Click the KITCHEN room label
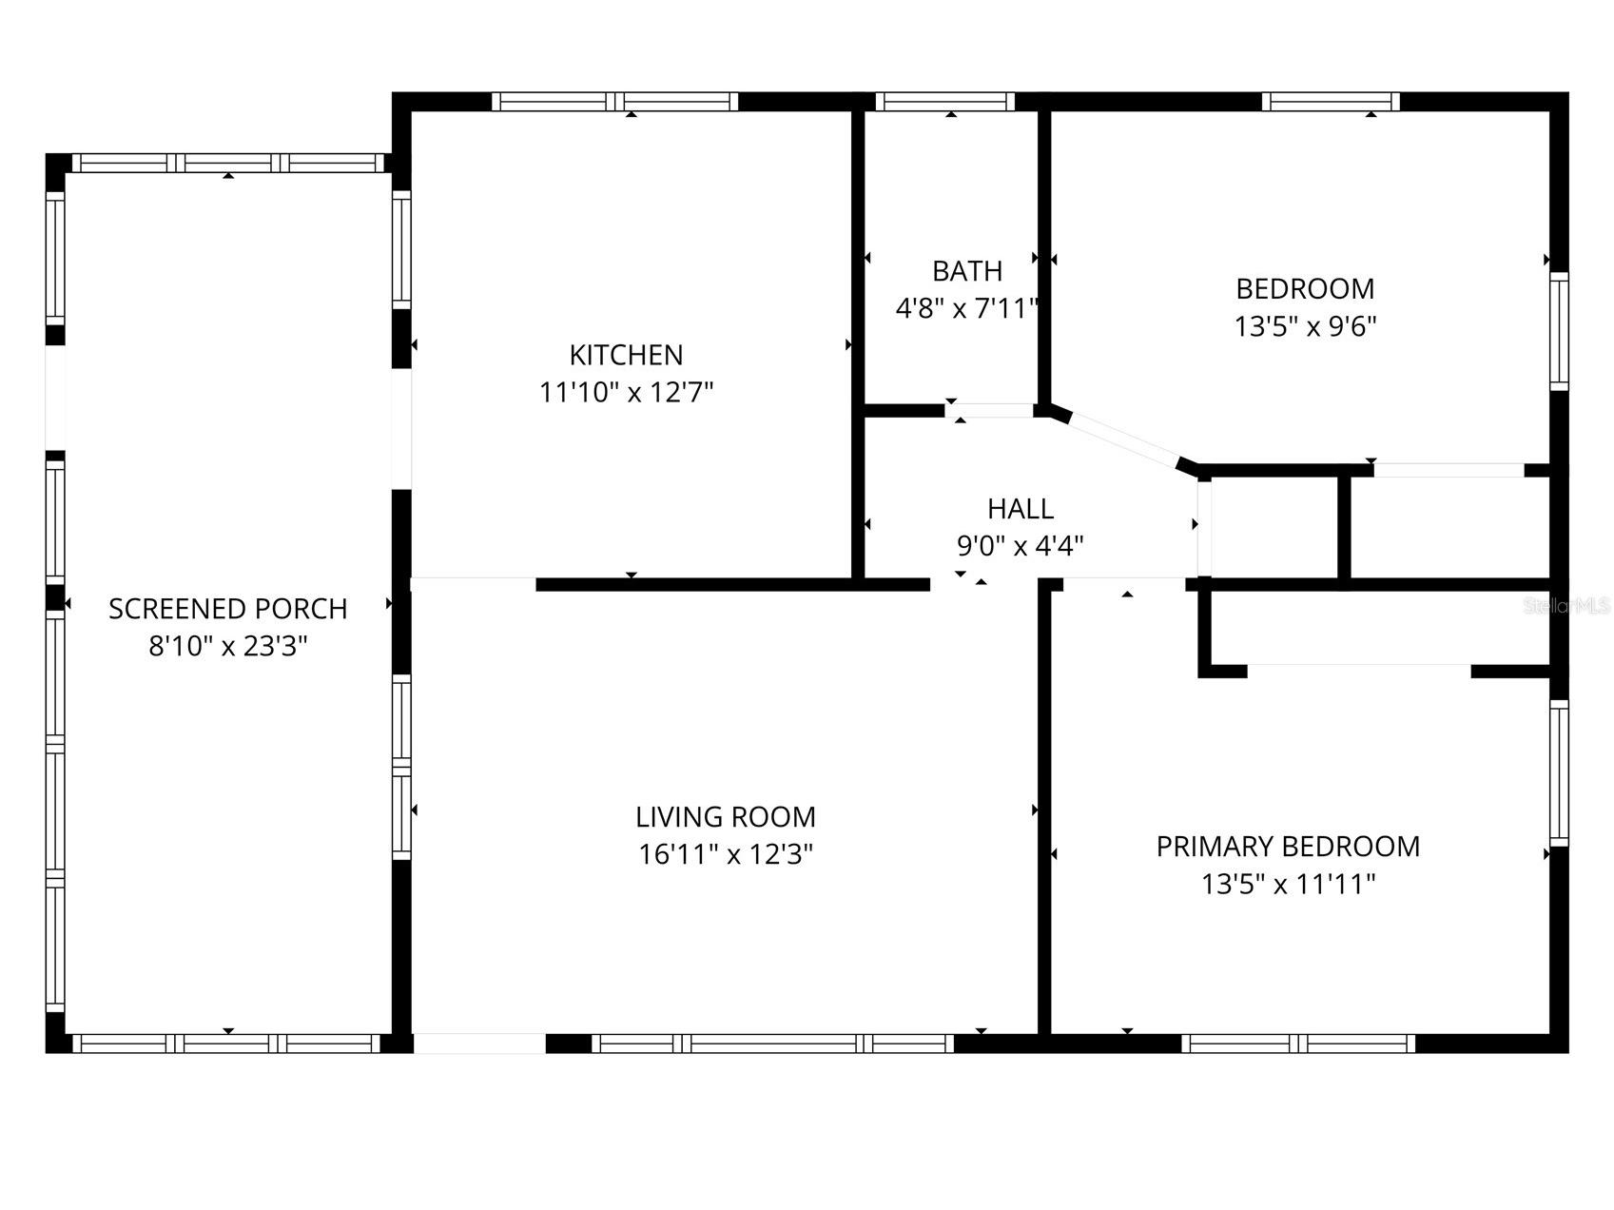coord(626,355)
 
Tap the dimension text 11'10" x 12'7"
coord(626,392)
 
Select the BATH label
coord(966,271)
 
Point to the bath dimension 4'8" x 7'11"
coord(966,308)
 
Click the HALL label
coord(1020,509)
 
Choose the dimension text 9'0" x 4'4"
coord(1020,546)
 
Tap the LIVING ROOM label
coord(725,817)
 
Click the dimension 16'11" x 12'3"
coord(725,854)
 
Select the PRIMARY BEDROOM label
coord(1288,847)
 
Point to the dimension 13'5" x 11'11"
coord(1288,885)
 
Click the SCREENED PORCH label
coord(227,609)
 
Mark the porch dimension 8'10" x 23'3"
coord(227,647)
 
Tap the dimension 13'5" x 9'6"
coord(1305,326)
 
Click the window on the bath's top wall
coord(944,102)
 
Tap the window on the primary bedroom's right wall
coord(1558,772)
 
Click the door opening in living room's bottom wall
coord(479,1044)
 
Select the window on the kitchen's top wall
coord(614,102)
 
